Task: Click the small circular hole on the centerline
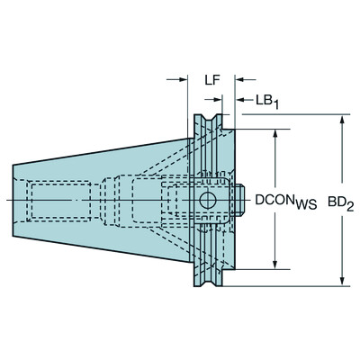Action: [208, 199]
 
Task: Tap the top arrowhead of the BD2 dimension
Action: [340, 120]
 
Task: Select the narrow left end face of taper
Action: [13, 199]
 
